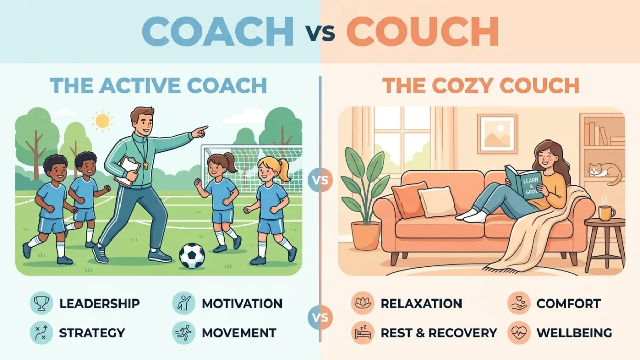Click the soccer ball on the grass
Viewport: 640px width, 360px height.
click(192, 255)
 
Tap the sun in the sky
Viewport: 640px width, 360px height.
click(102, 121)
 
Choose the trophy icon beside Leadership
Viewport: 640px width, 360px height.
click(41, 303)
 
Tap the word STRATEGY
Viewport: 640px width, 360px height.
click(92, 333)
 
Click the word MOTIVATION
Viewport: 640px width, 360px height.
click(242, 303)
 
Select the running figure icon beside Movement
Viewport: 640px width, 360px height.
click(183, 333)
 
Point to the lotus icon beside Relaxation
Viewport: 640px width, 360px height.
click(362, 303)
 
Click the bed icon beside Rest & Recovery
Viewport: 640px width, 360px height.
click(362, 333)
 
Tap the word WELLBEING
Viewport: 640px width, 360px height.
click(574, 333)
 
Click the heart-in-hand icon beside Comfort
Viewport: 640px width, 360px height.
click(518, 303)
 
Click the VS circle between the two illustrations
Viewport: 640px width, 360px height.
click(321, 181)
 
